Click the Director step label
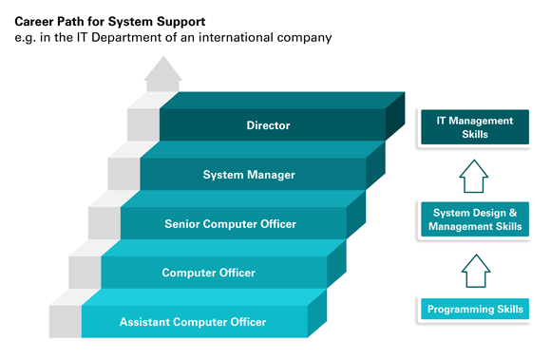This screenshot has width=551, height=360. pos(268,125)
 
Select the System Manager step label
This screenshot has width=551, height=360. pos(249,175)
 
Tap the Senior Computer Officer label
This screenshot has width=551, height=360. pos(230,224)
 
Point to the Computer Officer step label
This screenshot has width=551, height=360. pos(210,273)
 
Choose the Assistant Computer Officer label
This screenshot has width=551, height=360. pos(193,322)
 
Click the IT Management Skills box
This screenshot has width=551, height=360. pos(475,127)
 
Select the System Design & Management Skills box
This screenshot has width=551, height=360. pos(475,219)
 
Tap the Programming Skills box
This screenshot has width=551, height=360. pos(475,310)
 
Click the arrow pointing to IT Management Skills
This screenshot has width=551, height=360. pos(475,175)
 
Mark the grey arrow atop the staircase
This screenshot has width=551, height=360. pos(164,72)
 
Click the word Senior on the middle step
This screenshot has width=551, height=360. pos(182,224)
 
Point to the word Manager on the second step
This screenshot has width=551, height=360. pos(271,175)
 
